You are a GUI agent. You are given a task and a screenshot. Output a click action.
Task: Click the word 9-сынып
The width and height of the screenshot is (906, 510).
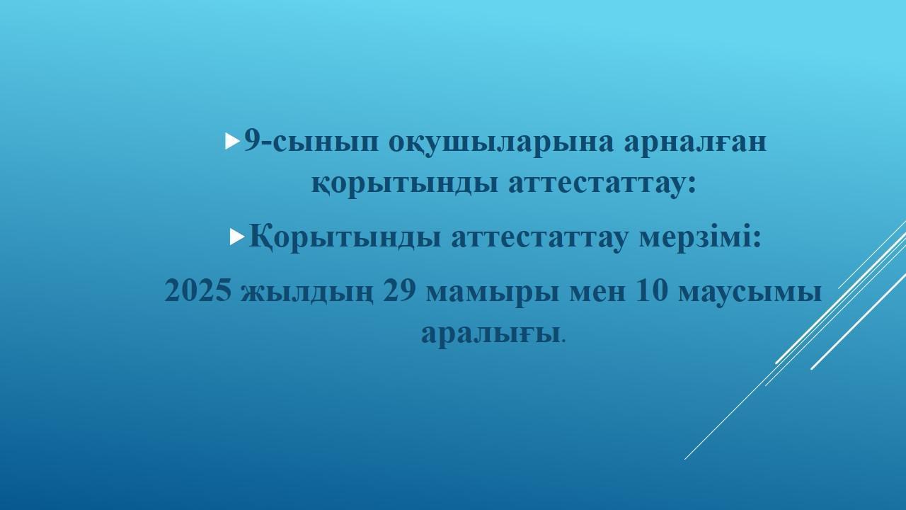click(311, 142)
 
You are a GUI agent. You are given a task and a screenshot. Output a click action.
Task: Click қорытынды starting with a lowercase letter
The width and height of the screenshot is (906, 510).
click(404, 185)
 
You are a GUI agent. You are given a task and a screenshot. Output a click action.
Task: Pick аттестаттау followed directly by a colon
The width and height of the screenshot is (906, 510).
click(602, 184)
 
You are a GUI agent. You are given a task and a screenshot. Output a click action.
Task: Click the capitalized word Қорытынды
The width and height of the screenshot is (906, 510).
click(345, 237)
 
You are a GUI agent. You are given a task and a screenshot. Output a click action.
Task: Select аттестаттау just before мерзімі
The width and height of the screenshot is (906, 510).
click(540, 239)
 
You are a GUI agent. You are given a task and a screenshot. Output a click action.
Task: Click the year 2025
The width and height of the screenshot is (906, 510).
click(197, 291)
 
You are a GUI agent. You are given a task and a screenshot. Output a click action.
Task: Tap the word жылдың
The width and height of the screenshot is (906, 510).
click(306, 293)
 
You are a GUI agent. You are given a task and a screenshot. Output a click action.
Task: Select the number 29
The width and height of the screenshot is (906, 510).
click(399, 291)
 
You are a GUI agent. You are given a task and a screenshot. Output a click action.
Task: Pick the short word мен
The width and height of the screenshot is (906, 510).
click(597, 293)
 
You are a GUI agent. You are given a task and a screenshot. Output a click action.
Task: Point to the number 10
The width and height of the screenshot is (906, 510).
click(651, 291)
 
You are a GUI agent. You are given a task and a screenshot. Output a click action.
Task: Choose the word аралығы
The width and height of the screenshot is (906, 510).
click(491, 334)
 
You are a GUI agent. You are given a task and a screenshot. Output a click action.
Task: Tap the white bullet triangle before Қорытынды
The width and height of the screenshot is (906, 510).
click(237, 237)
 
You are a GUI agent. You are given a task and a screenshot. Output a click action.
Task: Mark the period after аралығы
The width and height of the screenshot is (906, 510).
click(564, 341)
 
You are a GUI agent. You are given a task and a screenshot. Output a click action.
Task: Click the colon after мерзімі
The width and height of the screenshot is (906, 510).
click(757, 239)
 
